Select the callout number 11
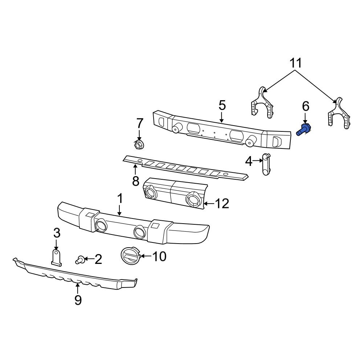pos(296,64)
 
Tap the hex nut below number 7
pos(138,146)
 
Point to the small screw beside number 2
pos(80,259)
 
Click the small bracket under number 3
pos(56,257)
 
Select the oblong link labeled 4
pos(266,164)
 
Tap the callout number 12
pos(222,204)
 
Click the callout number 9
pos(78,300)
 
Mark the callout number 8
pos(135,181)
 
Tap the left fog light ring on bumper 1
pos(101,226)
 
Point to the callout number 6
pos(306,106)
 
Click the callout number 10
pos(159,257)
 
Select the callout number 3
pos(57,233)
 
